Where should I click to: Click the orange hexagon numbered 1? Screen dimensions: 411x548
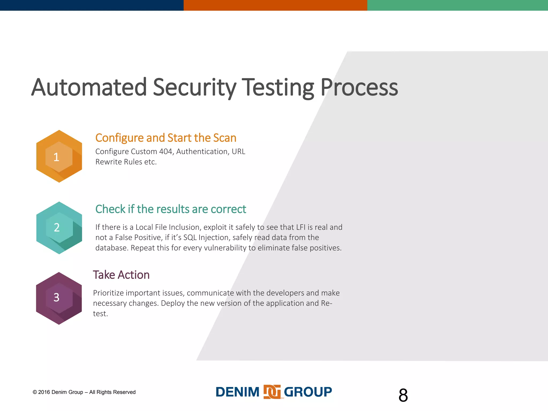(59, 156)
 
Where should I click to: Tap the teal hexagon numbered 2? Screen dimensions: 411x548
(59, 227)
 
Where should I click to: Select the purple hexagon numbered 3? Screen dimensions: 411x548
(59, 298)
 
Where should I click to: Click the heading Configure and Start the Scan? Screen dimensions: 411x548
(166, 138)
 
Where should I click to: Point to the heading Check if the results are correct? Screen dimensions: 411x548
(170, 209)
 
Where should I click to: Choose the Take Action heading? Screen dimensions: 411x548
(121, 275)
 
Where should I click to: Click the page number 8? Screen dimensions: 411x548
(403, 395)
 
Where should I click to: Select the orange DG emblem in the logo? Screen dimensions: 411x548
(272, 392)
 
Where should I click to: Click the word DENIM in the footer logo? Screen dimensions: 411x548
(238, 392)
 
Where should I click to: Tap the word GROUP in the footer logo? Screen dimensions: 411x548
(308, 392)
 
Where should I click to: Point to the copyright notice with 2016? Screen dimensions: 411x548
(84, 392)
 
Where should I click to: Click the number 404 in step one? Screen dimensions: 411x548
(166, 151)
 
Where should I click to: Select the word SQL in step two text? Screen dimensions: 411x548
(190, 237)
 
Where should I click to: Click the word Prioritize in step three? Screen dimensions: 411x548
(108, 293)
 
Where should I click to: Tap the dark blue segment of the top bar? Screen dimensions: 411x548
(92, 5)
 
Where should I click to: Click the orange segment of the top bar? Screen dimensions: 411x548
(275, 5)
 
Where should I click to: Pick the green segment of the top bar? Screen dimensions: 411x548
(458, 5)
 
